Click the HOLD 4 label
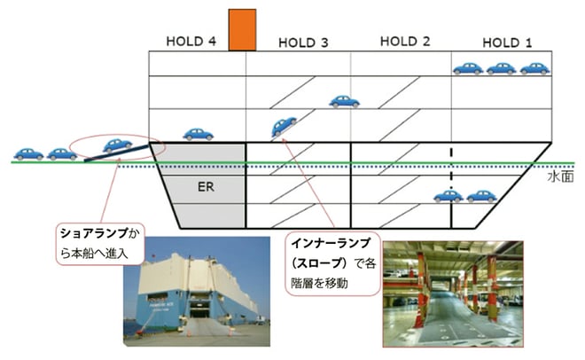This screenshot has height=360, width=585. pyautogui.click(x=191, y=42)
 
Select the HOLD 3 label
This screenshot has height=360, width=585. pyautogui.click(x=303, y=42)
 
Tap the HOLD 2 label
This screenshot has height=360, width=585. pyautogui.click(x=405, y=42)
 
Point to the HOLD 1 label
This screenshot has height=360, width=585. pyautogui.click(x=508, y=42)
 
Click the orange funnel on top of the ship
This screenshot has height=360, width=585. pyautogui.click(x=242, y=30)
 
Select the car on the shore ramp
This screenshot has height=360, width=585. pyautogui.click(x=117, y=145)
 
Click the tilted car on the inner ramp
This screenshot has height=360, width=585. pyautogui.click(x=285, y=127)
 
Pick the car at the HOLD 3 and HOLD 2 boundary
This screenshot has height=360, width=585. pyautogui.click(x=344, y=101)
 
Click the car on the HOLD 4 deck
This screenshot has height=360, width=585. pyautogui.click(x=199, y=134)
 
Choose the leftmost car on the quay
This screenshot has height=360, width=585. pyautogui.click(x=28, y=153)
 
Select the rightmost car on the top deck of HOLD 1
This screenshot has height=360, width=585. pyautogui.click(x=534, y=68)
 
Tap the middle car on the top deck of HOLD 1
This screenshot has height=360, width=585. pyautogui.click(x=501, y=68)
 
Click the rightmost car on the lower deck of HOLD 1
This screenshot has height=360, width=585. pyautogui.click(x=481, y=196)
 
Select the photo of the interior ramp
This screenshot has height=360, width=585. pyautogui.click(x=452, y=291)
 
